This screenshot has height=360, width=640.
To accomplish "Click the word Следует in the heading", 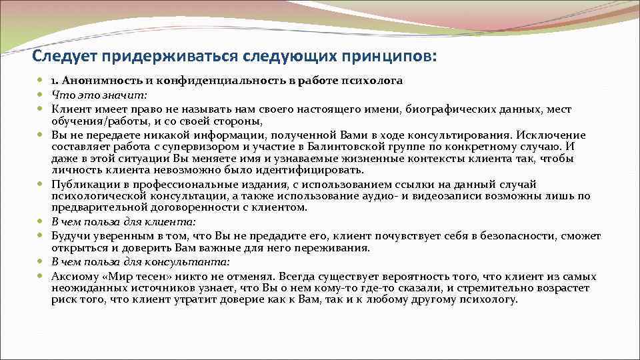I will click(x=63, y=55).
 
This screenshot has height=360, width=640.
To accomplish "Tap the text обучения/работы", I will click(x=91, y=121).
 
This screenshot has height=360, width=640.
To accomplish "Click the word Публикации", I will click(x=84, y=184).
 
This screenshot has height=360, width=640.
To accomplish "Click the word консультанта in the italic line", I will click(x=193, y=262).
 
